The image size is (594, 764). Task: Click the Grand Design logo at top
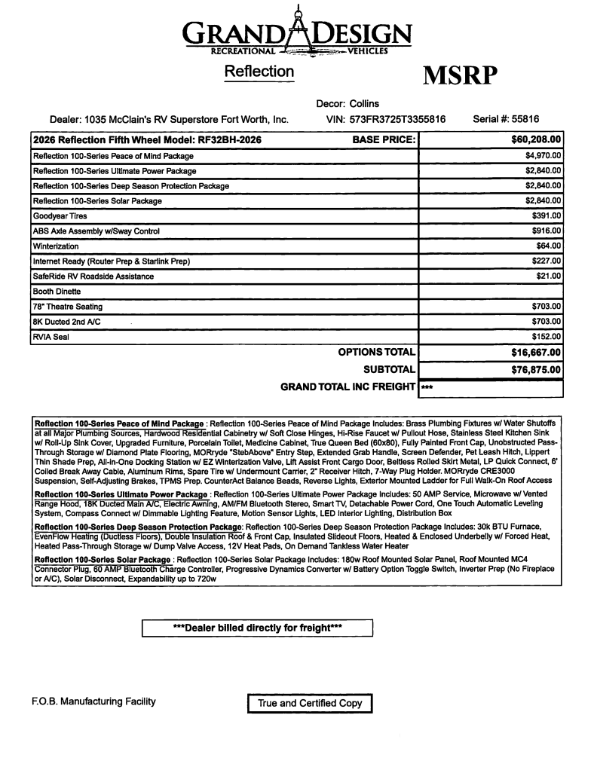coord(298,33)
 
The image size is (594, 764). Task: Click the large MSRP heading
coord(460,76)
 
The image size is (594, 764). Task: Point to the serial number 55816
coord(524,119)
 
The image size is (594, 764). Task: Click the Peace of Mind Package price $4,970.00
coord(543,156)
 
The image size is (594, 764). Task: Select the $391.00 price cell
coord(547,216)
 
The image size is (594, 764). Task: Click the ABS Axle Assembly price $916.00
coord(547,231)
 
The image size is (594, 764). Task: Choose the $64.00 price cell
coord(550,246)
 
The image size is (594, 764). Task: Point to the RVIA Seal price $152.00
coord(547,337)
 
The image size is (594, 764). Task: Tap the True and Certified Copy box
coord(310,704)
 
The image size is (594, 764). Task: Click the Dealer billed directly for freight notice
coord(258,628)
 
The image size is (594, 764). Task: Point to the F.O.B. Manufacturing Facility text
coord(93,702)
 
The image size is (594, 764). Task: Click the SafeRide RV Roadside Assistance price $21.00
coord(550,277)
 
